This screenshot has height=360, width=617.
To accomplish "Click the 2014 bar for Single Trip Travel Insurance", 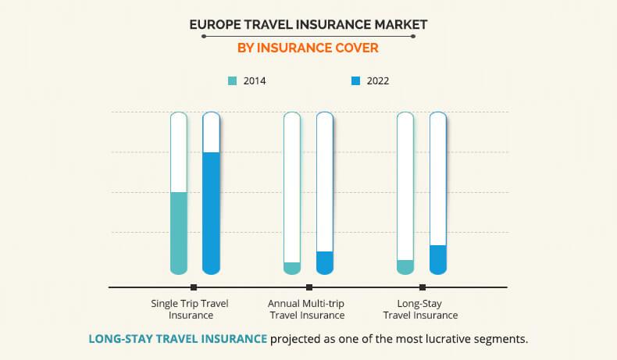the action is point(179,233).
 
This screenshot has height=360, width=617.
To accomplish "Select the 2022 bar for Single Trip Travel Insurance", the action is point(211,213).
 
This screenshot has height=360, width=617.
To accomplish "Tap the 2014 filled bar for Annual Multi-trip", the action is point(292,269).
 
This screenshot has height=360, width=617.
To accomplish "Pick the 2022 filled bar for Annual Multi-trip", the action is point(325,263).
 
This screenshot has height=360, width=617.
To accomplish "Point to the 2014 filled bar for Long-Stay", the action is point(405,267).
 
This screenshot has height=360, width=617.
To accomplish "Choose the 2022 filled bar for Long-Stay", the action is point(438,260).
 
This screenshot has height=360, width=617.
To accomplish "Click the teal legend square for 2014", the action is point(233,81).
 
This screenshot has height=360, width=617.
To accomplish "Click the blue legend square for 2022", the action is point(355,81).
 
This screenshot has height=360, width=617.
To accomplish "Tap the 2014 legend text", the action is point(255,81).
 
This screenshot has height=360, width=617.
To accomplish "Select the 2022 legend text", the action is point(378,81).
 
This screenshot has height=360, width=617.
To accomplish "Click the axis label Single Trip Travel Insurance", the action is point(190,309).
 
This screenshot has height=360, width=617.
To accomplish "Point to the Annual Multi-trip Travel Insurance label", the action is point(306,309).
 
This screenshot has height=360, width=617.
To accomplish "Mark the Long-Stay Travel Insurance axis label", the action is point(420,309).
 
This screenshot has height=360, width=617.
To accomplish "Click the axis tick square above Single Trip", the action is point(194,287).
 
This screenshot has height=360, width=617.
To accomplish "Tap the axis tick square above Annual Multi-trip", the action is point(309,287).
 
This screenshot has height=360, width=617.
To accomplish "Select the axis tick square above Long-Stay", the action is point(423,287).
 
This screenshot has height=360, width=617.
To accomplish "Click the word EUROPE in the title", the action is point(215,25).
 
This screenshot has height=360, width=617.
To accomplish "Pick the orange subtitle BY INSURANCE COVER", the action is point(308,48).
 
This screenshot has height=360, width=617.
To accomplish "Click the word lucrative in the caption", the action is point(445,339).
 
